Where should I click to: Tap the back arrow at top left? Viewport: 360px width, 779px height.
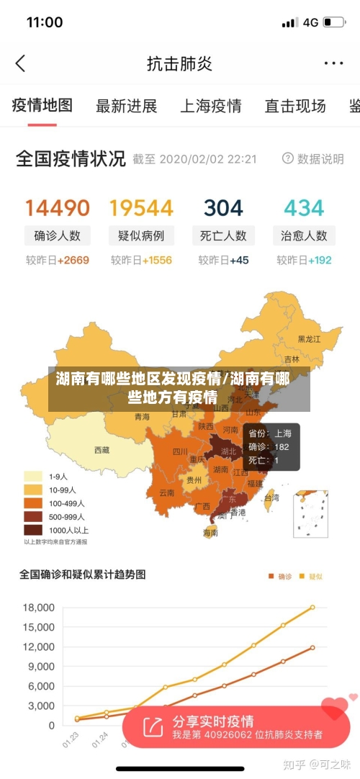pyautogui.click(x=20, y=63)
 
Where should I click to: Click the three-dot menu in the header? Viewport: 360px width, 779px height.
pyautogui.click(x=333, y=63)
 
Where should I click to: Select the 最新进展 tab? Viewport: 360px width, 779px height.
pyautogui.click(x=127, y=107)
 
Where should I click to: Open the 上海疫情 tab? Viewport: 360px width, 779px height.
pyautogui.click(x=210, y=107)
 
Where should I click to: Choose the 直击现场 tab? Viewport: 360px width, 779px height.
pyautogui.click(x=295, y=107)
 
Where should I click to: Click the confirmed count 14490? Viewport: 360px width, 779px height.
pyautogui.click(x=58, y=208)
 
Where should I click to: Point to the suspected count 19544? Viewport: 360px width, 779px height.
pyautogui.click(x=141, y=208)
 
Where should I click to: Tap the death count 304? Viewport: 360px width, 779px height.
pyautogui.click(x=223, y=208)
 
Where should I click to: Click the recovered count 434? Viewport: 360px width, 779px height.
pyautogui.click(x=304, y=208)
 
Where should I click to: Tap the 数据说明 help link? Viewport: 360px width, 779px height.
pyautogui.click(x=313, y=158)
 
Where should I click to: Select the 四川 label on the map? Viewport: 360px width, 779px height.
pyautogui.click(x=180, y=452)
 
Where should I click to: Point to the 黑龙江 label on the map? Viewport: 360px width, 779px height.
pyautogui.click(x=310, y=338)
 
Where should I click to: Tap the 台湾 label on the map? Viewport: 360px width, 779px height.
pyautogui.click(x=271, y=497)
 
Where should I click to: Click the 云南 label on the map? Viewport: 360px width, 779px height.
pyautogui.click(x=167, y=493)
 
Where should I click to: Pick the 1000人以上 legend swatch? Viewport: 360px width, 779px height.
pyautogui.click(x=33, y=530)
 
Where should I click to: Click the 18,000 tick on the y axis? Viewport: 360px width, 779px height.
pyautogui.click(x=39, y=607)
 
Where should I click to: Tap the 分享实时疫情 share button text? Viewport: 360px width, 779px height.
pyautogui.click(x=213, y=721)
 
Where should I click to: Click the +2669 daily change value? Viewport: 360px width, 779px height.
pyautogui.click(x=73, y=260)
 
